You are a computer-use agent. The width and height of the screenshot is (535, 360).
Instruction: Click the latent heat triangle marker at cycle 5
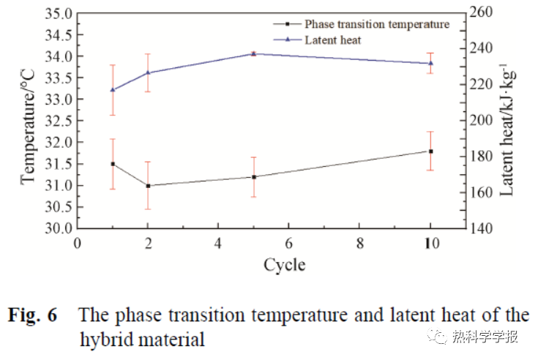pos(253,53)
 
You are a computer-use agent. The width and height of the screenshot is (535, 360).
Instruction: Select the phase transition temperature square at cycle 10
pos(430,151)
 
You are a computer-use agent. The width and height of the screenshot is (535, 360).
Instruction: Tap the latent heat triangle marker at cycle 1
pos(113,89)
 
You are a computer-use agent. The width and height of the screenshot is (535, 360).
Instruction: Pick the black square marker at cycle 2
pos(148,186)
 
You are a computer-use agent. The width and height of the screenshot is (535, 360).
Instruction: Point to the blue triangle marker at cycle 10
pos(430,63)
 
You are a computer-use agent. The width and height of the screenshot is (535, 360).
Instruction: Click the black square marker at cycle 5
pos(253,177)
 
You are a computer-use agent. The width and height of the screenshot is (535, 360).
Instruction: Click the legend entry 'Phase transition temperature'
pos(376,24)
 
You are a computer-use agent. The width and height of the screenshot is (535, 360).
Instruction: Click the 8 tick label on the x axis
pos(360,244)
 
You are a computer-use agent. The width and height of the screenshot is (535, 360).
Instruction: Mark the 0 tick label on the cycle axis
pos(78,244)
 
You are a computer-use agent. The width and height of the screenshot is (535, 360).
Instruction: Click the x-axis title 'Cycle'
pos(284,264)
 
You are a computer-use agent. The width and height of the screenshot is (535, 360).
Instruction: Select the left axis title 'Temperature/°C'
pos(27,120)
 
